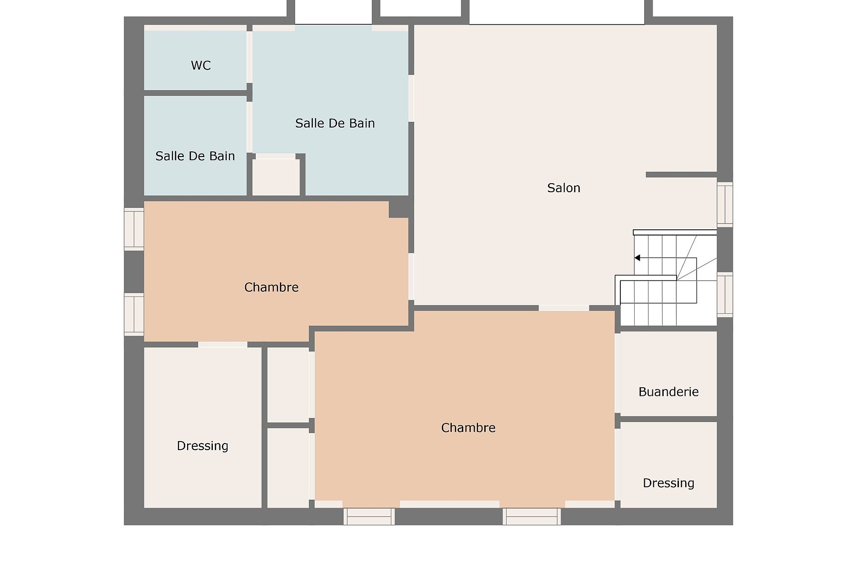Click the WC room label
(200, 65)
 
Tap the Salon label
(564, 188)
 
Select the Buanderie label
(668, 392)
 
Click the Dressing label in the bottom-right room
(668, 483)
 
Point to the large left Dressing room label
(202, 446)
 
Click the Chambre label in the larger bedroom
(468, 428)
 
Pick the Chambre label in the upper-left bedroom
(271, 287)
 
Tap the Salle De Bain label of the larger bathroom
(335, 123)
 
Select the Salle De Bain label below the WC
(195, 156)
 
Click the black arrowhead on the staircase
(637, 258)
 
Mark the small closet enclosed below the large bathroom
(276, 177)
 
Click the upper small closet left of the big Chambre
(288, 385)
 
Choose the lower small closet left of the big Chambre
(288, 468)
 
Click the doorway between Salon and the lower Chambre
(564, 308)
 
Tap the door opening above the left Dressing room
(222, 344)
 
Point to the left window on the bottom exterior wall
(369, 516)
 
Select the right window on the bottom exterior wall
(532, 516)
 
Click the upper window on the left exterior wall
(134, 229)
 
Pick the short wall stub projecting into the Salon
(681, 175)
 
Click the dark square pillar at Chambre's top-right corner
(399, 209)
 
